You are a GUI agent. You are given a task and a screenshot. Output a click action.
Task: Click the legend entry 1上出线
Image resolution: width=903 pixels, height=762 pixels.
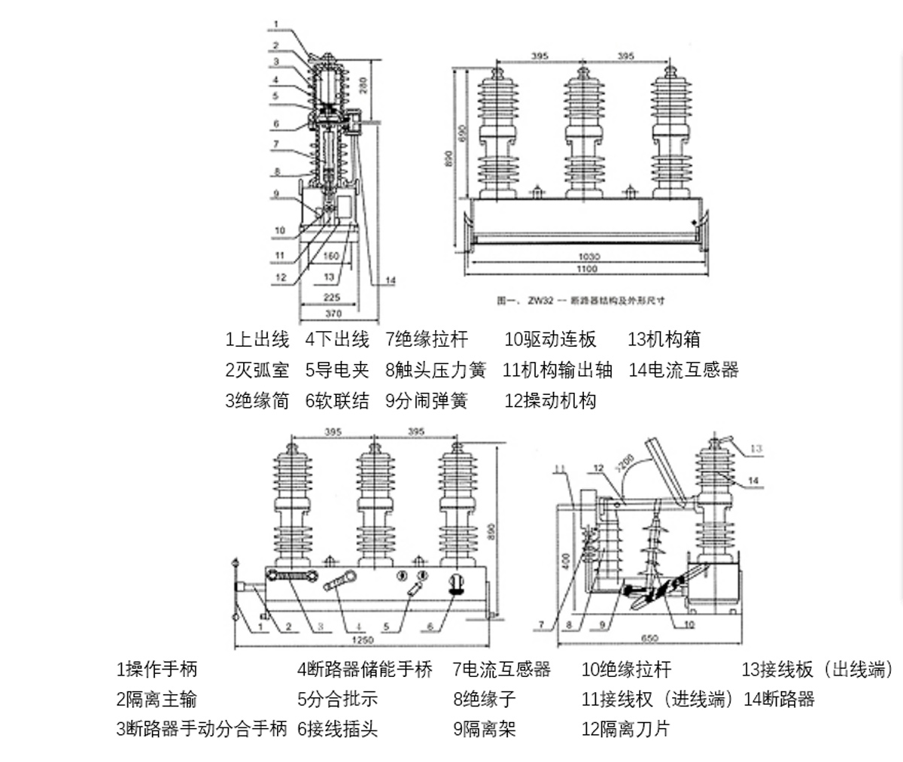coord(257,340)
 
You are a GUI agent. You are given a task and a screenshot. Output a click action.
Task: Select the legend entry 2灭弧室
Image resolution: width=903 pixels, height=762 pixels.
coord(257,370)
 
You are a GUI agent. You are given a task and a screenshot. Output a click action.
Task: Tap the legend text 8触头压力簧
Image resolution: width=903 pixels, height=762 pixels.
coord(436,370)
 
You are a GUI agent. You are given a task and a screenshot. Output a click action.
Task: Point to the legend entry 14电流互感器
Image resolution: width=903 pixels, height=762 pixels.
coord(683,370)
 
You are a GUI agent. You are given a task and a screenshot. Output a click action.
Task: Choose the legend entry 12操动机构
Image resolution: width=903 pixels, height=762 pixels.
coord(550,400)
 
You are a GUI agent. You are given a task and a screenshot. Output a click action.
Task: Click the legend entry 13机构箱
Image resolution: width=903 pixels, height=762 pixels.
coord(664,340)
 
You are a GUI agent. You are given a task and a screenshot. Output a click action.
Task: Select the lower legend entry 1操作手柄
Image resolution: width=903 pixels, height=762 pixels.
coord(157,669)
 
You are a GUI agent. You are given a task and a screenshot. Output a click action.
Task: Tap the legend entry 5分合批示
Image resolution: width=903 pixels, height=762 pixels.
coord(337,699)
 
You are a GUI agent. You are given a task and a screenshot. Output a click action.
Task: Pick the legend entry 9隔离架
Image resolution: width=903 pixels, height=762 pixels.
coord(485,728)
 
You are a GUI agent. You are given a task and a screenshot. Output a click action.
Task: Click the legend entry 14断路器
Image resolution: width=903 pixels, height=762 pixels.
coord(779,699)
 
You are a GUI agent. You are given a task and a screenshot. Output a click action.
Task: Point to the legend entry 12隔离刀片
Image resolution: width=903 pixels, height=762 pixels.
coord(625,728)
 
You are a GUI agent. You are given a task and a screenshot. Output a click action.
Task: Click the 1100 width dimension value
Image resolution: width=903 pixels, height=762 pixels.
coord(586,269)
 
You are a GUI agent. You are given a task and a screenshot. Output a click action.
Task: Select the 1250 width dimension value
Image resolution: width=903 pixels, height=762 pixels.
coord(363,640)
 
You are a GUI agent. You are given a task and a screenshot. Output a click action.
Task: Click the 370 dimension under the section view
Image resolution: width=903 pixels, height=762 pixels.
coord(333,313)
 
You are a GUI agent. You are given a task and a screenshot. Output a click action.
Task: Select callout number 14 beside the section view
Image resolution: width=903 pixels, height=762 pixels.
coord(391,281)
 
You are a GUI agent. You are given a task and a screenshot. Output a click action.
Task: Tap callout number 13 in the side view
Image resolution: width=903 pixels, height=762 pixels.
coord(756,449)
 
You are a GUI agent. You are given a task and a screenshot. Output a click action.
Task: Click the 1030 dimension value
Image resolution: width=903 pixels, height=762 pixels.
coord(588,257)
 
